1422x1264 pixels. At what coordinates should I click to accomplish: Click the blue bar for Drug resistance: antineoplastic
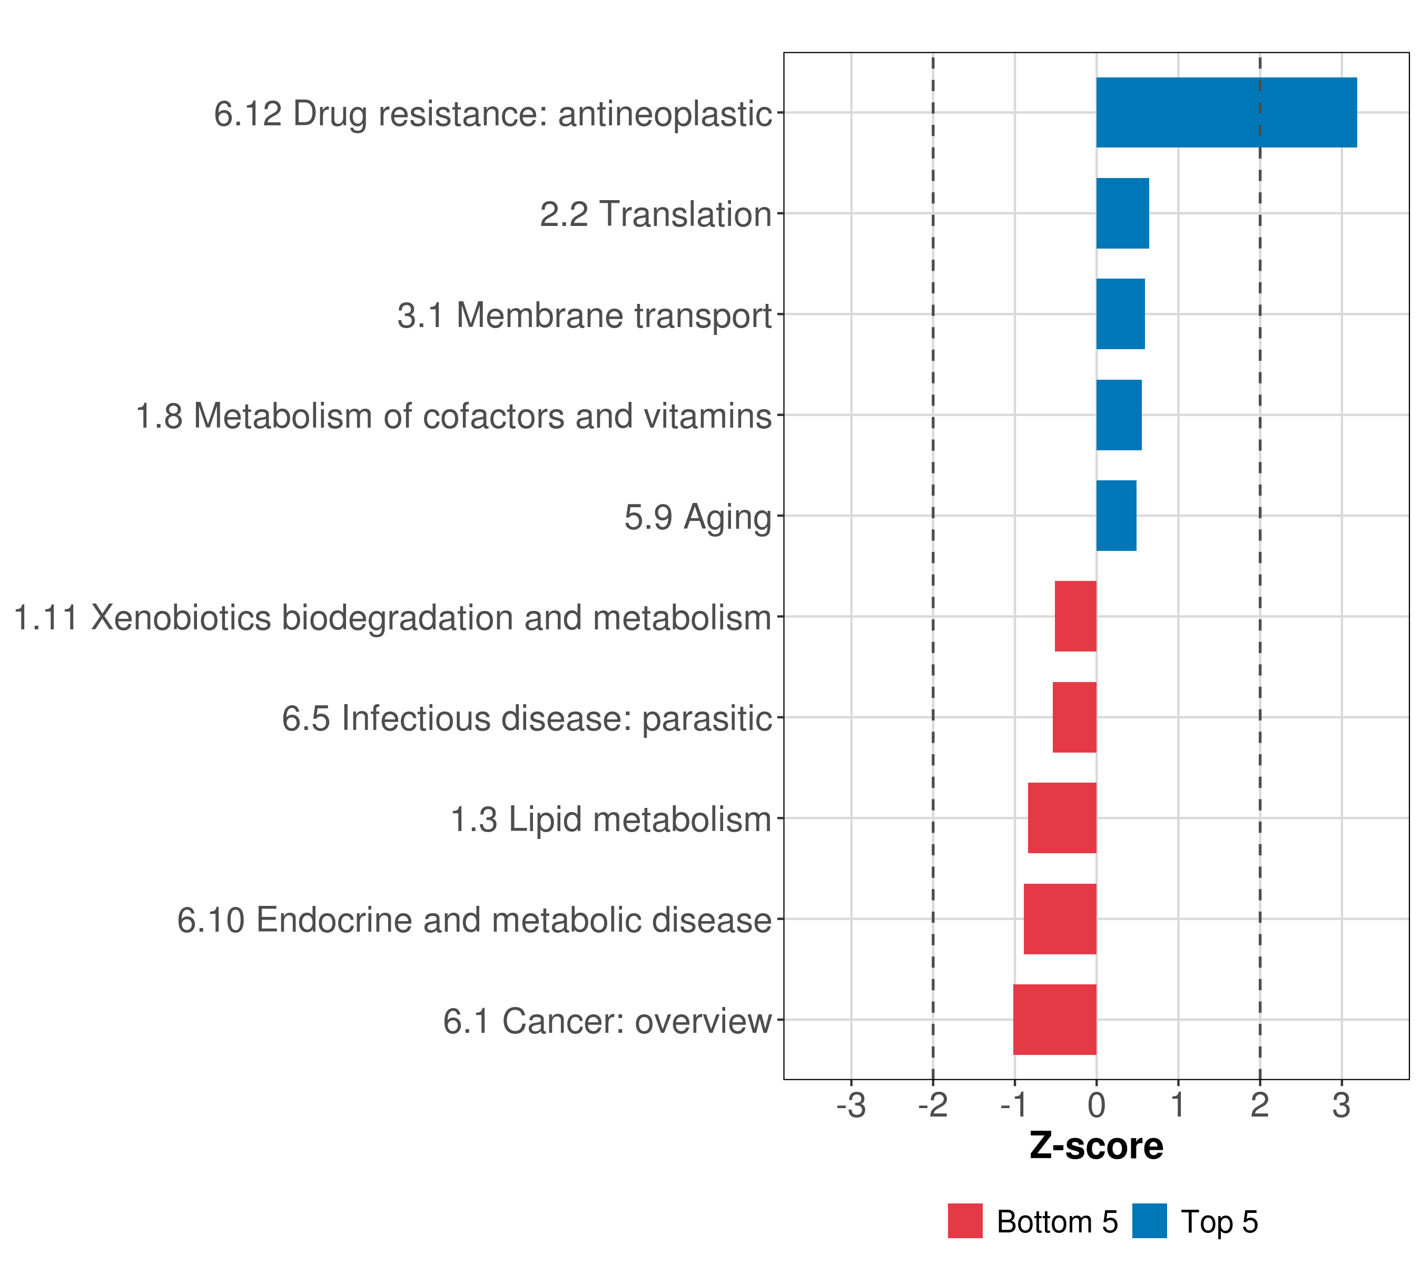tap(1226, 112)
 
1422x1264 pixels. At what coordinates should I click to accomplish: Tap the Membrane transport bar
tap(1120, 314)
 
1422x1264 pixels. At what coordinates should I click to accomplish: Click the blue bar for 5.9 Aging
tap(1116, 516)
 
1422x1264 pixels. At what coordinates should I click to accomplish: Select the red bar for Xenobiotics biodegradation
tap(1075, 616)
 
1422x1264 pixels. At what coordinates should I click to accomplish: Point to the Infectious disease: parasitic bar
tap(1074, 717)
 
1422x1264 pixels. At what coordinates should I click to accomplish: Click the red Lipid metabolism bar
tap(1062, 818)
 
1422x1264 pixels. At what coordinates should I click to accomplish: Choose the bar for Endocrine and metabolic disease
tap(1060, 919)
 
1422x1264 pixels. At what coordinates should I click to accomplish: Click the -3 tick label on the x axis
tap(851, 1106)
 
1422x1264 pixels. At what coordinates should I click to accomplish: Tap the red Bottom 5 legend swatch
tap(965, 1221)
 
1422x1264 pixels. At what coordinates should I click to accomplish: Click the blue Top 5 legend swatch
tap(1149, 1221)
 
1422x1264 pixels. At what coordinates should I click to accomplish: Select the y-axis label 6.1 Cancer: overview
tap(607, 1021)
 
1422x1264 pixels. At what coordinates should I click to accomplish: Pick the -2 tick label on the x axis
tap(932, 1106)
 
